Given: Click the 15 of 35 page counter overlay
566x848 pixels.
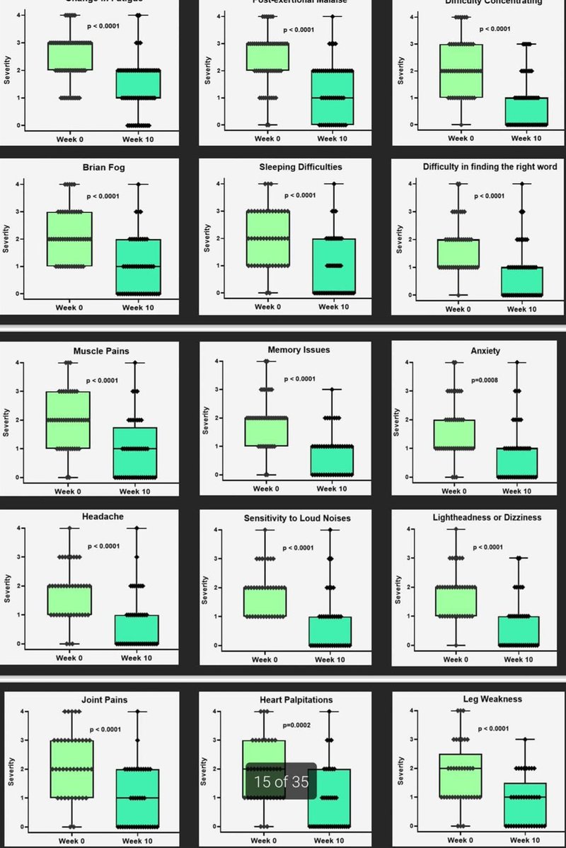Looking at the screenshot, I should tap(281, 782).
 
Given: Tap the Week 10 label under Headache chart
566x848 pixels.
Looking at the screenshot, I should tap(136, 658).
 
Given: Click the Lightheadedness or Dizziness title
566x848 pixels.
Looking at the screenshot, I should tap(487, 518).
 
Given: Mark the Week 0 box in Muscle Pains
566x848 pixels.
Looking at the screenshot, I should tap(68, 419).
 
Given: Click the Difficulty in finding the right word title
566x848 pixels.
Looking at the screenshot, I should tap(490, 167).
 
